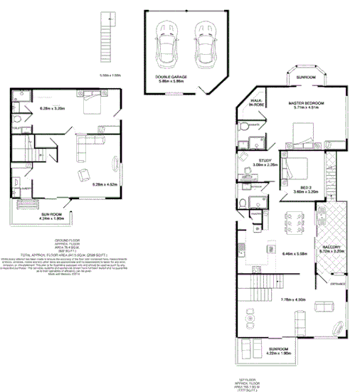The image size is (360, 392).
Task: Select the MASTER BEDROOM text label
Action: click(x=306, y=104)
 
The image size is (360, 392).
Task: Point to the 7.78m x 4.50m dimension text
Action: click(x=292, y=300)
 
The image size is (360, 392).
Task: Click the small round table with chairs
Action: click(x=250, y=321)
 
